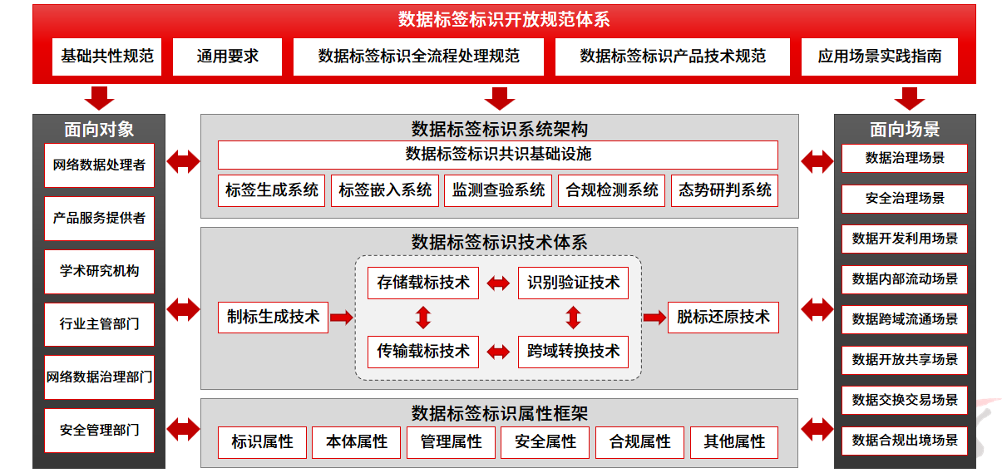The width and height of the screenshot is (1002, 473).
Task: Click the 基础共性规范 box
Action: (106, 57)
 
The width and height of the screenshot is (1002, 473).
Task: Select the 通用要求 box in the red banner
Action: (227, 57)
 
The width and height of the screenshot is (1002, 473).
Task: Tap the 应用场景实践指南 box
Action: (879, 57)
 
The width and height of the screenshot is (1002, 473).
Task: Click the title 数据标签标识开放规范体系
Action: (504, 19)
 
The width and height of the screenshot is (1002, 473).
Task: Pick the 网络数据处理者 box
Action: (99, 165)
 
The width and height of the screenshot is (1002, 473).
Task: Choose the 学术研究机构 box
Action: (99, 271)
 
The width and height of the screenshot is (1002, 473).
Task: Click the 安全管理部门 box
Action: (99, 431)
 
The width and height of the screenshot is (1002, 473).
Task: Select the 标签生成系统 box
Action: (272, 190)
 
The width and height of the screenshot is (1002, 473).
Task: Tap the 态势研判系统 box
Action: (724, 190)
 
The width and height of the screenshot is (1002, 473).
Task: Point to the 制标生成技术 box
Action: (273, 317)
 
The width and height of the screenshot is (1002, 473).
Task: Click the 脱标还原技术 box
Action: (723, 317)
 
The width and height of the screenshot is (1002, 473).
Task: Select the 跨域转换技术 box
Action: (573, 352)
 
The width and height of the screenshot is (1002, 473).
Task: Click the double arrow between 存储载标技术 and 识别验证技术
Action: (498, 283)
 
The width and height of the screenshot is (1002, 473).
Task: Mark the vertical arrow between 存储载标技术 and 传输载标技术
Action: (423, 318)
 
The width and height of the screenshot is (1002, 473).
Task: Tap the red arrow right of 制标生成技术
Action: (341, 317)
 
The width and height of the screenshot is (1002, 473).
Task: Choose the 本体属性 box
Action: (357, 442)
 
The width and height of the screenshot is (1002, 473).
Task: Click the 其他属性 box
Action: (734, 442)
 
